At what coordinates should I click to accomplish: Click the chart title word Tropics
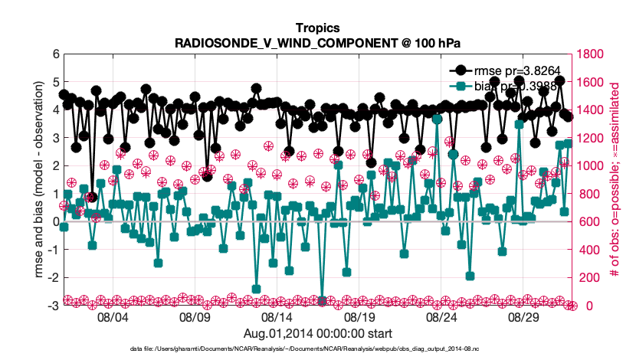click(x=317, y=28)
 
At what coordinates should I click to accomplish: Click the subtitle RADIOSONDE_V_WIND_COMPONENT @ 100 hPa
click(x=317, y=42)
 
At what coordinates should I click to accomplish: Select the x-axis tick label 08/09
click(x=195, y=316)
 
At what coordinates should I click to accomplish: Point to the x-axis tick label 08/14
click(x=277, y=316)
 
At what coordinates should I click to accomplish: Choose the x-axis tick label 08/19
click(x=359, y=316)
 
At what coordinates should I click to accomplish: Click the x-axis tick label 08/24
click(x=442, y=316)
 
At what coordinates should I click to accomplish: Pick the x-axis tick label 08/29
click(x=524, y=316)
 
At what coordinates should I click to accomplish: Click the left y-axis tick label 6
click(x=55, y=54)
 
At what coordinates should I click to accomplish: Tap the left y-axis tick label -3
click(x=53, y=306)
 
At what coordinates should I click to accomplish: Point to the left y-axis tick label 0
click(x=55, y=222)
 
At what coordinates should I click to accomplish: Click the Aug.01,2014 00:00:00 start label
click(x=317, y=333)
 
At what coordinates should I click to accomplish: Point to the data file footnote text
click(x=317, y=349)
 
